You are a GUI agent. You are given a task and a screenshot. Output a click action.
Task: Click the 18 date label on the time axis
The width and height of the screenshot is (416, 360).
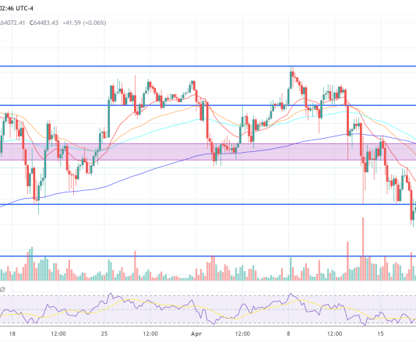(12, 334)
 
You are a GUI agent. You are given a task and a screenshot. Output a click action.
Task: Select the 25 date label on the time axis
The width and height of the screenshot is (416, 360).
(104, 334)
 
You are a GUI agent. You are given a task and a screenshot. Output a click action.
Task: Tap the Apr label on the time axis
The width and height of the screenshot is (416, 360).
(197, 334)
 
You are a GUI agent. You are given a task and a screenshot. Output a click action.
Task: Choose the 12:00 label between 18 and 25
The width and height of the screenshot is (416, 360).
(58, 334)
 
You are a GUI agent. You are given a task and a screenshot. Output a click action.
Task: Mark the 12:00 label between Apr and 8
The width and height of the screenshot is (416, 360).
(243, 334)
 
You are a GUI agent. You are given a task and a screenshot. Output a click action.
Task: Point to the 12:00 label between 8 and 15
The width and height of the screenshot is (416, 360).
(335, 334)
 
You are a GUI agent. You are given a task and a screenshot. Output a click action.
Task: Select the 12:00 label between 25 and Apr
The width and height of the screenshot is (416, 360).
(150, 334)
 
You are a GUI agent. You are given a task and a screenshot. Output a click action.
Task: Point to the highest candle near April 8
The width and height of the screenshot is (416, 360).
(291, 76)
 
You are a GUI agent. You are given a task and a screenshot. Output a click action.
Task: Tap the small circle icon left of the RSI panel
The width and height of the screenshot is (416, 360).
(2, 288)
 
